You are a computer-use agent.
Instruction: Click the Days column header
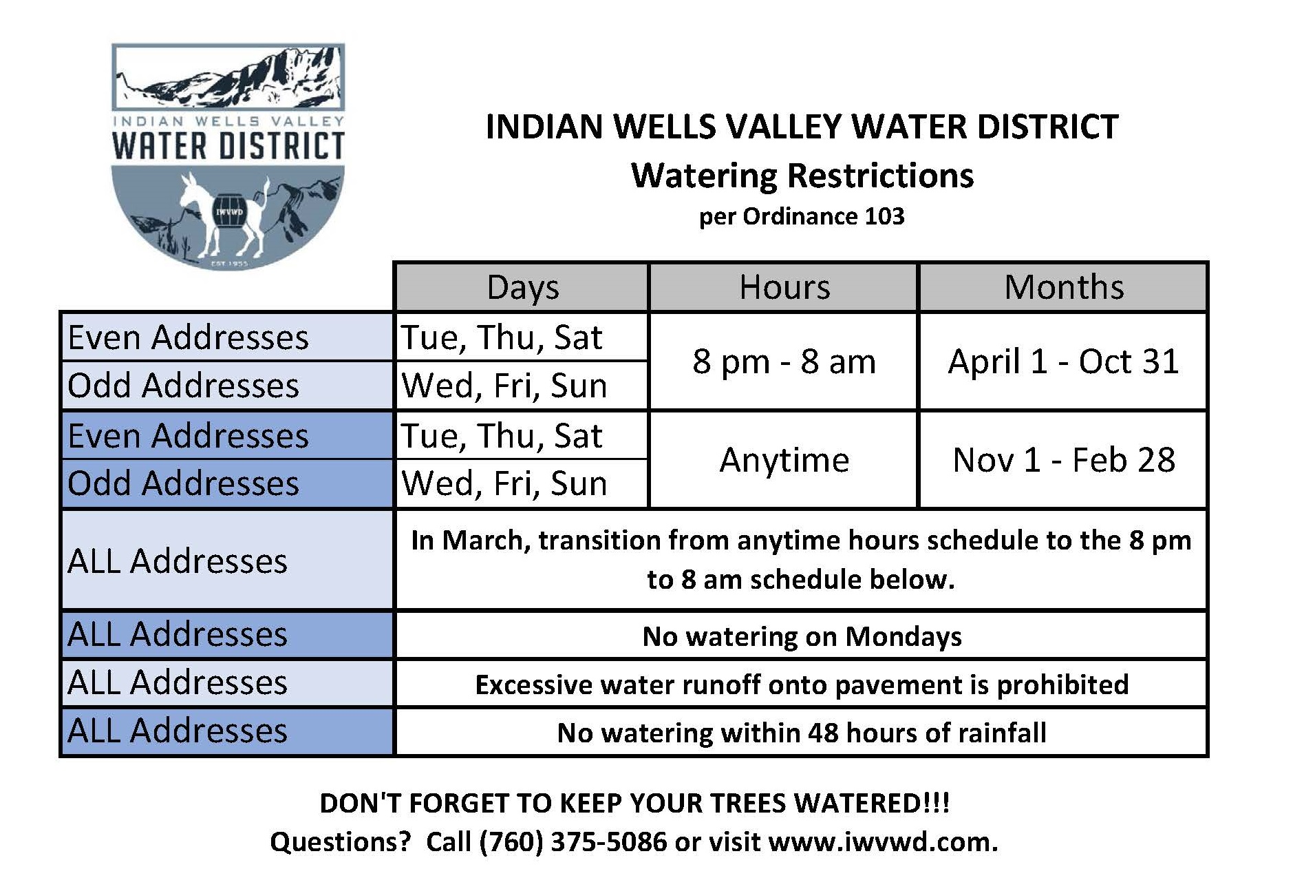522,287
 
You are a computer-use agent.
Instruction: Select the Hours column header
784,287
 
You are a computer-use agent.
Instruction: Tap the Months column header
1063,287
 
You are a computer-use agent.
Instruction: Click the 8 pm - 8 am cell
784,362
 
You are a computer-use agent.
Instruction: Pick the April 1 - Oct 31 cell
1063,362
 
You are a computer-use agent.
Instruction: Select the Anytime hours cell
784,460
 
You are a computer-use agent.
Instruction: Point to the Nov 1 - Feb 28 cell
1063,460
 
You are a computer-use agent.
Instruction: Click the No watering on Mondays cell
802,636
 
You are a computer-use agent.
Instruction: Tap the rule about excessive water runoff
802,684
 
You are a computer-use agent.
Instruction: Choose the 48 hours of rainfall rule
802,733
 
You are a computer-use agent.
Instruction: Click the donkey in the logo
224,213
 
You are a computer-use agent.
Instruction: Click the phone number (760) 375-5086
573,841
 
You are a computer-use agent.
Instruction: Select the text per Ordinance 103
802,217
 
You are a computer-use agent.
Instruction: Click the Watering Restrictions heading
802,176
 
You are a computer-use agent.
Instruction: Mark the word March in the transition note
485,541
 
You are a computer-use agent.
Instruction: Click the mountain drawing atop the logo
228,76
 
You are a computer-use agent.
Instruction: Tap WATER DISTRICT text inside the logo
228,146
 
